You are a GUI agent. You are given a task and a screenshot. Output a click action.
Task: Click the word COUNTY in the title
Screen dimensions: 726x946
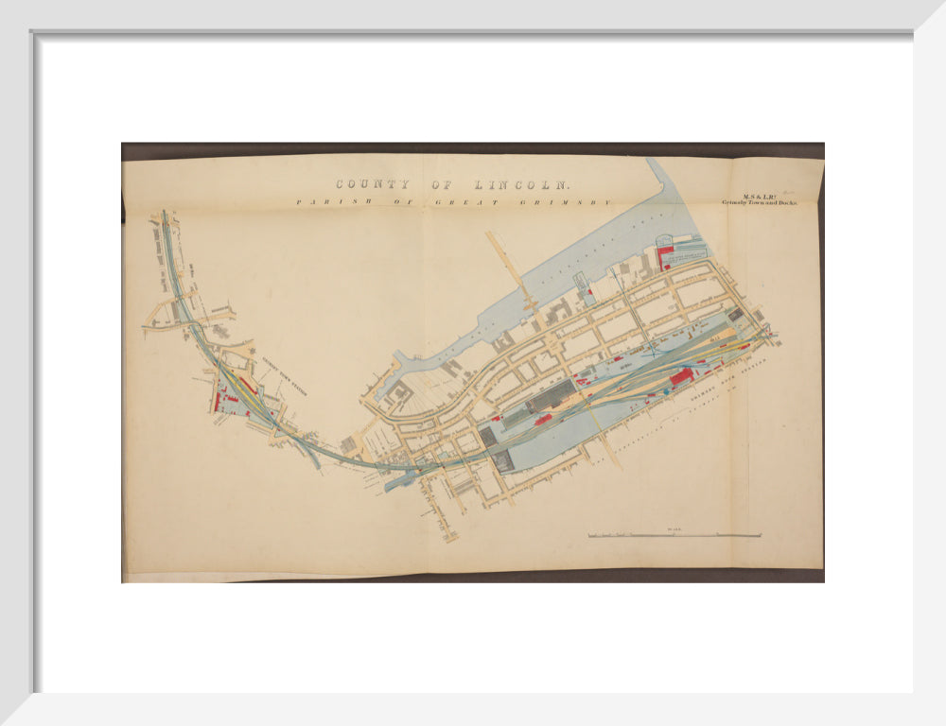point(373,185)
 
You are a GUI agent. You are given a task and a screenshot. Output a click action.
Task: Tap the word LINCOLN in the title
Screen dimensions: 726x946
point(521,185)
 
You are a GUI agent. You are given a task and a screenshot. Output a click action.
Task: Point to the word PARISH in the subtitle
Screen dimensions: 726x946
point(327,201)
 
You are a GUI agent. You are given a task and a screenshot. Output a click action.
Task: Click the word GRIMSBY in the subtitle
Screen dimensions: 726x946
point(578,201)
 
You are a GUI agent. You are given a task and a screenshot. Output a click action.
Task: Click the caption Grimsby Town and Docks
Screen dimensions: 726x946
point(759,202)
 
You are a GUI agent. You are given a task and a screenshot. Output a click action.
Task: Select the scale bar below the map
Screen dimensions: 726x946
point(674,536)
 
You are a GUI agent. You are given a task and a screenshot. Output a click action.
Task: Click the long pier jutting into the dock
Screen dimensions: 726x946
point(512,269)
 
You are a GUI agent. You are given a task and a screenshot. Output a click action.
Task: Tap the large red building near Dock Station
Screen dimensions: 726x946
point(681,377)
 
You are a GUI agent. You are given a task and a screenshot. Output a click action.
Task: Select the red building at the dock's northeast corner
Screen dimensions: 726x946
point(665,255)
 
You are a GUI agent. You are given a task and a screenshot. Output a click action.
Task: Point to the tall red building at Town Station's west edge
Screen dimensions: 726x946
point(217,401)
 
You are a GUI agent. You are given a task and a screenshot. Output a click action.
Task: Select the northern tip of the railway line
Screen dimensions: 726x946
point(164,215)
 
